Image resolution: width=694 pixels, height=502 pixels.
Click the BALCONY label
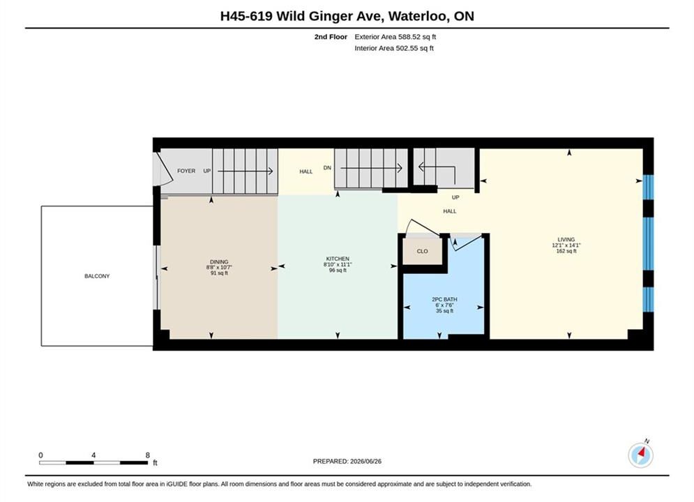pyautogui.click(x=97, y=276)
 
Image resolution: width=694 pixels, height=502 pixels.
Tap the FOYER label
pyautogui.click(x=186, y=171)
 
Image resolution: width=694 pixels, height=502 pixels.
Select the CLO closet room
pyautogui.click(x=422, y=251)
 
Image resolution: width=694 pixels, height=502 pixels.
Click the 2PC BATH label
pyautogui.click(x=444, y=299)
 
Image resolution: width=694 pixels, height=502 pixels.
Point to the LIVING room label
pyautogui.click(x=566, y=239)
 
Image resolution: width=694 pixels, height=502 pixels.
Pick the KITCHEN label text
pyautogui.click(x=338, y=259)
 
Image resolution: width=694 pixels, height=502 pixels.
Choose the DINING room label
pyautogui.click(x=219, y=262)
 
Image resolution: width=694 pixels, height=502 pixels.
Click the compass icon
pyautogui.click(x=640, y=455)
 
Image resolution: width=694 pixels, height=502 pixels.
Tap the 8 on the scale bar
pyautogui.click(x=147, y=455)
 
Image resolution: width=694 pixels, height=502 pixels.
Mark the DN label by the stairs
pyautogui.click(x=327, y=167)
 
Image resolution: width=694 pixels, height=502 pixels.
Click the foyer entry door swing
pyautogui.click(x=163, y=169)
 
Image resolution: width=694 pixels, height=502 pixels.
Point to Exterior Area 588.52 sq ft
pyautogui.click(x=395, y=37)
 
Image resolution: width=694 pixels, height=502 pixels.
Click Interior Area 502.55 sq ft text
pyautogui.click(x=394, y=48)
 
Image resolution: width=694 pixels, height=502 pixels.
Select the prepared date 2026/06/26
pyautogui.click(x=365, y=462)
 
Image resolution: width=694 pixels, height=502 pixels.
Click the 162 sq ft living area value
pyautogui.click(x=566, y=251)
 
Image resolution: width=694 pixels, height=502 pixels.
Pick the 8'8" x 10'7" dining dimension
pyautogui.click(x=219, y=268)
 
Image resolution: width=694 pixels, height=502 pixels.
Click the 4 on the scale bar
pyautogui.click(x=93, y=455)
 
